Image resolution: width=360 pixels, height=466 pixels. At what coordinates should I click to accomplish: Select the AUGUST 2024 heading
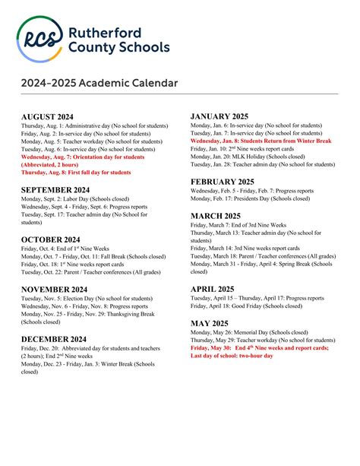(x=52, y=116)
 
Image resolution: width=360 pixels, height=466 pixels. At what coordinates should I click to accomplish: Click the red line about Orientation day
(x=83, y=157)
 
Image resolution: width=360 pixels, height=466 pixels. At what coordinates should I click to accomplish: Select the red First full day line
(x=76, y=173)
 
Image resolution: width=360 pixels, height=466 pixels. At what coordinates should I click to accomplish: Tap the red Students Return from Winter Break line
(x=261, y=141)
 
